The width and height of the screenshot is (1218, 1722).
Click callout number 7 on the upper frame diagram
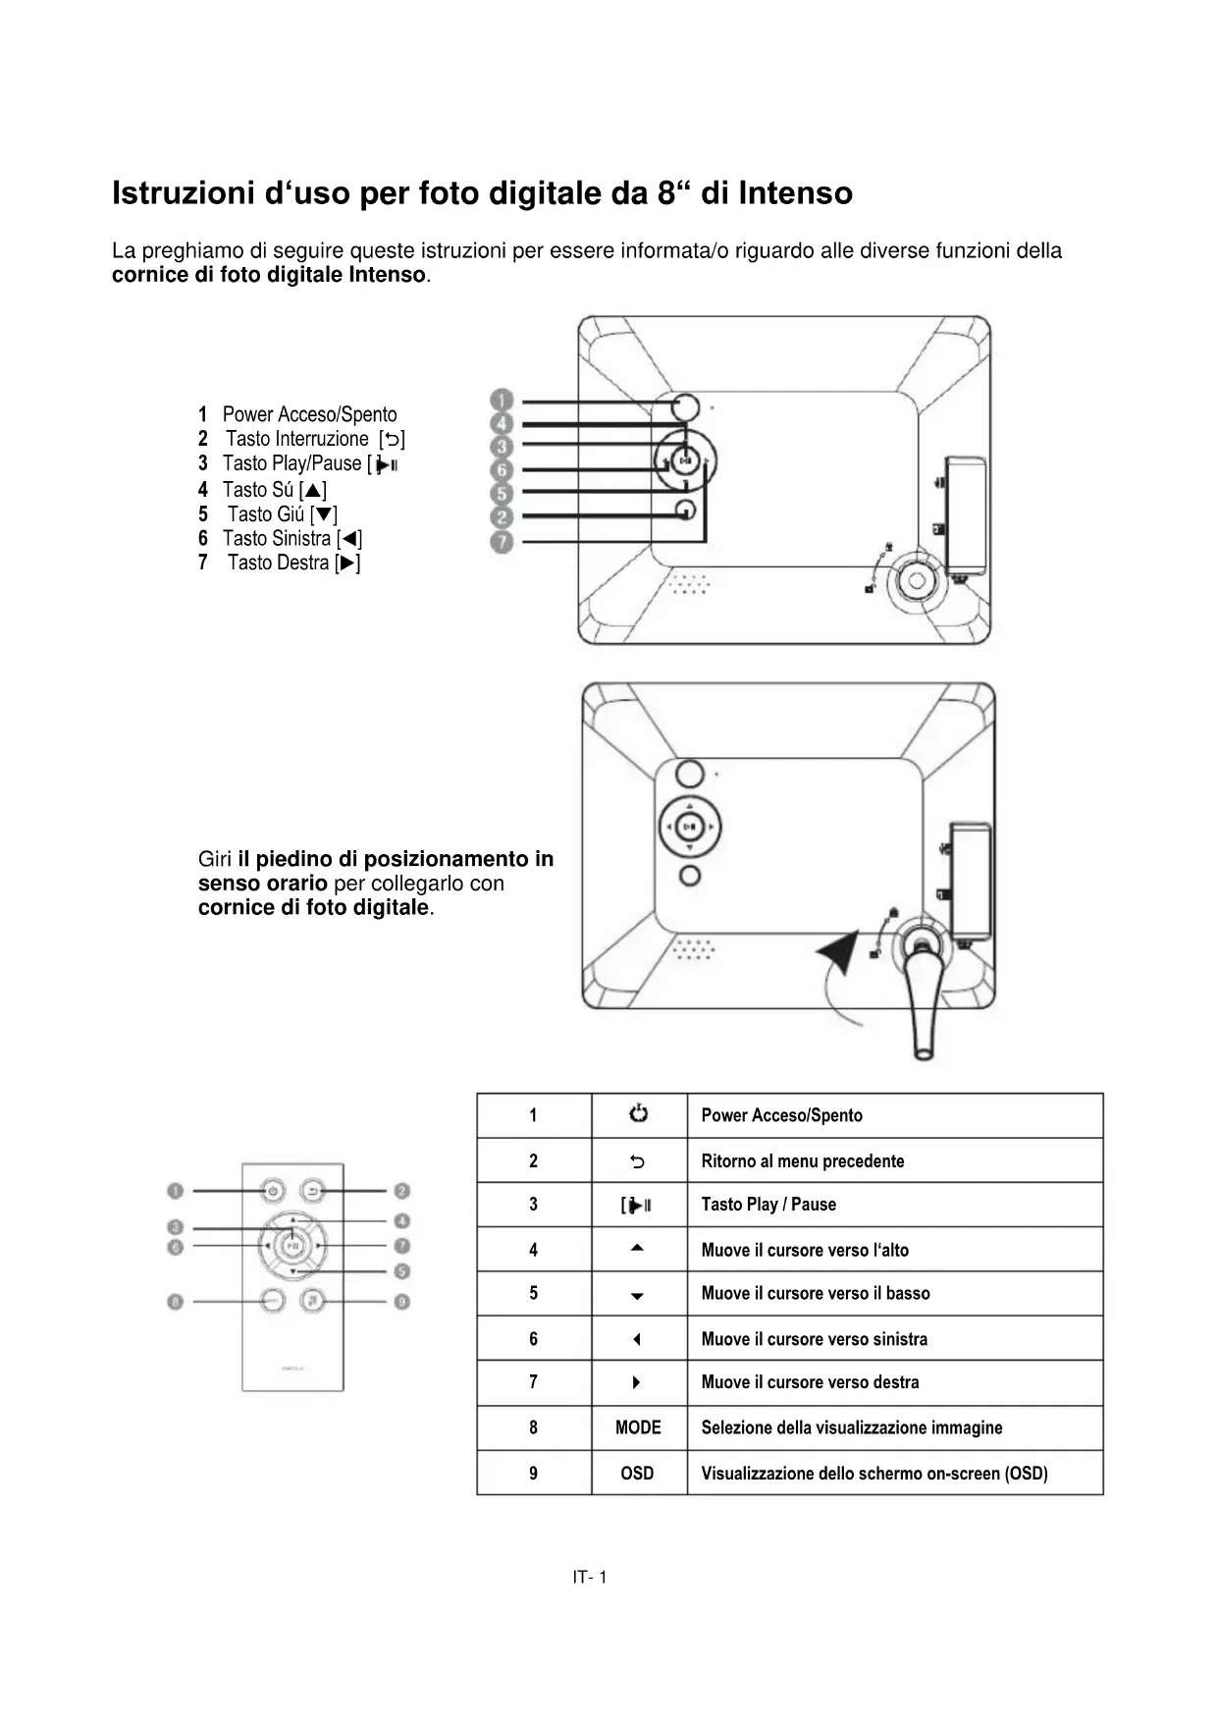502,541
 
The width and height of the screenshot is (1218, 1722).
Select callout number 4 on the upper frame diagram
502,424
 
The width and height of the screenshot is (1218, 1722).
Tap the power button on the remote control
273,1192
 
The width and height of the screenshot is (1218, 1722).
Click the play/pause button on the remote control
292,1246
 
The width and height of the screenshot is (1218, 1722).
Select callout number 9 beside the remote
401,1302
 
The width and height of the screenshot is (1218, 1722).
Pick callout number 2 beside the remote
401,1191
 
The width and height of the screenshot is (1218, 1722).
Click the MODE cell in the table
638,1427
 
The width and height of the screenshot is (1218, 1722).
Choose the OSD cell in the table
637,1473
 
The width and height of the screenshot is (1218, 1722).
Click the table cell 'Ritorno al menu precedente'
802,1160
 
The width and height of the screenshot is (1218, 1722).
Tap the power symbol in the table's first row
638,1114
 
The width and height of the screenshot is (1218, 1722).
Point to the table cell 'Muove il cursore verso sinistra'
814,1338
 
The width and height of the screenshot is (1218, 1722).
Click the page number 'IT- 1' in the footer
590,1578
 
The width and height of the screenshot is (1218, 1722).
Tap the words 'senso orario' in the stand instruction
262,883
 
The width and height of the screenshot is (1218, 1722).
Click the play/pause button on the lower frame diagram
690,826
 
